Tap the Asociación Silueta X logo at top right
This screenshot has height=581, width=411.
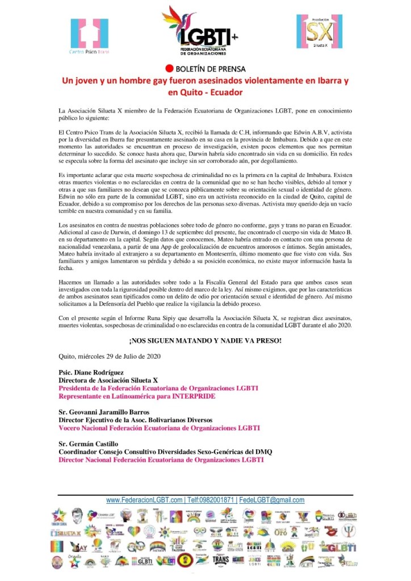pyautogui.click(x=319, y=32)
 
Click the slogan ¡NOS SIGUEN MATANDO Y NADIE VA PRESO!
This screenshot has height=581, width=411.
pyautogui.click(x=205, y=340)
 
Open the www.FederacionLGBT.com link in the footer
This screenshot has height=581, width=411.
pyautogui.click(x=144, y=500)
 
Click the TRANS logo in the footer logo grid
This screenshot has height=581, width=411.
pyautogui.click(x=220, y=559)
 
